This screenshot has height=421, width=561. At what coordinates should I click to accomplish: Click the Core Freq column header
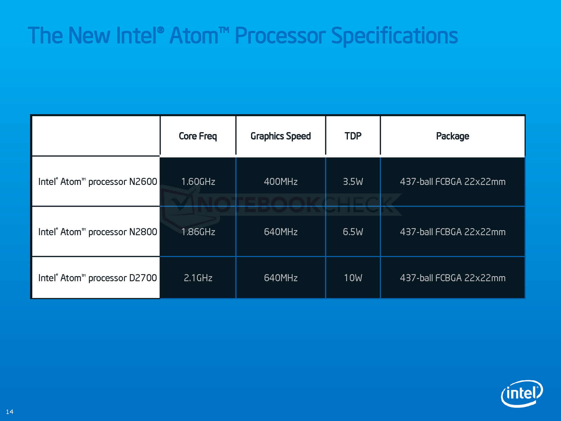click(x=198, y=136)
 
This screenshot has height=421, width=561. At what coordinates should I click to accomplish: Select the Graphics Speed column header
click(x=280, y=136)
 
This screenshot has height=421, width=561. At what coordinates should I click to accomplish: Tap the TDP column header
click(x=353, y=136)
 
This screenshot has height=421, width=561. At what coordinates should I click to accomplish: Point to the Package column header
click(x=452, y=136)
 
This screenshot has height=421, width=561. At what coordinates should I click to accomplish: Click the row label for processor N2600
click(x=97, y=182)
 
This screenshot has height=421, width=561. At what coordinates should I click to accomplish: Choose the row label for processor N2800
click(x=97, y=232)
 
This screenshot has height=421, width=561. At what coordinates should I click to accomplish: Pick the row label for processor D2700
click(x=97, y=278)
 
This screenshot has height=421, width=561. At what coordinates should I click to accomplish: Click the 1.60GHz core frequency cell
click(x=198, y=182)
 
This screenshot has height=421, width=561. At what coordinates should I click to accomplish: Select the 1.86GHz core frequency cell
click(x=198, y=232)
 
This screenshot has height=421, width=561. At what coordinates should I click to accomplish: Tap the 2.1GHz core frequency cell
click(x=198, y=278)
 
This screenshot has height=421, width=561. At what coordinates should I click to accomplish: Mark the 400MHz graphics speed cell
click(x=280, y=182)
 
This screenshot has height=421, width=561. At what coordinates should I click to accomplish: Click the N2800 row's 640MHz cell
click(x=280, y=232)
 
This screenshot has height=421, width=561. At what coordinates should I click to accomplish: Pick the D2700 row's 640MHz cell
click(x=280, y=278)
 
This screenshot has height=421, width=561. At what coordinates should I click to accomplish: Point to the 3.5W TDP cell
click(x=353, y=182)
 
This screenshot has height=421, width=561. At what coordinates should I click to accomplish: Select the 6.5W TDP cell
click(x=353, y=232)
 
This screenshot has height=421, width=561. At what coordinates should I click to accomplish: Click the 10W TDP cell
click(x=353, y=278)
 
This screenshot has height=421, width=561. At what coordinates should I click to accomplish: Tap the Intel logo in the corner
click(x=522, y=393)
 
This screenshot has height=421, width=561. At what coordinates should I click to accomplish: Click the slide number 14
click(x=9, y=412)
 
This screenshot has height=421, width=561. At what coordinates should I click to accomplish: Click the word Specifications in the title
click(x=394, y=36)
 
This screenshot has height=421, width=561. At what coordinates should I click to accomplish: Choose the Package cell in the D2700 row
click(x=452, y=278)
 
